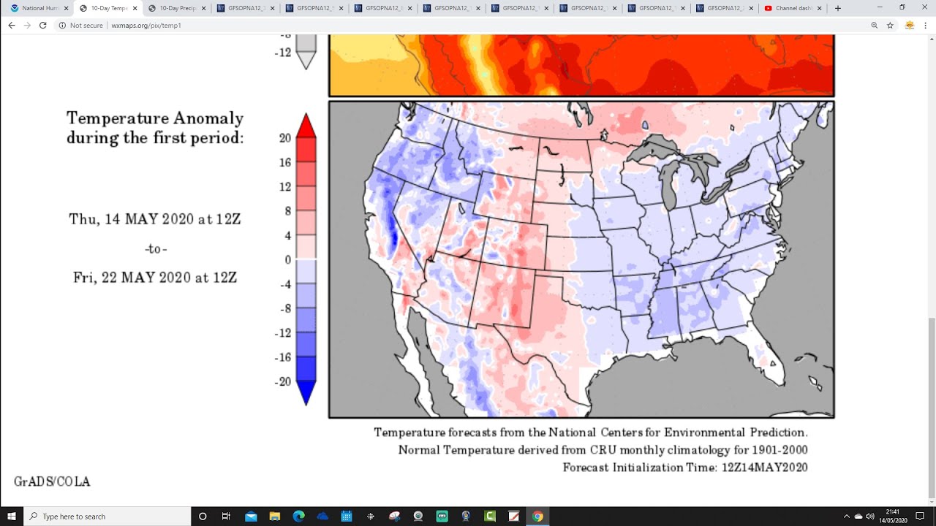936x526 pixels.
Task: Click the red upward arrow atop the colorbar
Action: click(x=306, y=126)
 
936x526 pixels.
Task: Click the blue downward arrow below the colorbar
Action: click(x=306, y=394)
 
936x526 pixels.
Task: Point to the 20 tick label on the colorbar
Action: click(x=285, y=138)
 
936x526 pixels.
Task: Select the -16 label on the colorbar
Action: click(x=283, y=357)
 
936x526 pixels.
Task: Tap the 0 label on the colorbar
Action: click(x=288, y=259)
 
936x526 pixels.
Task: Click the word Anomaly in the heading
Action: click(x=208, y=118)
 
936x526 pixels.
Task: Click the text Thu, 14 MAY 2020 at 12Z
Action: click(x=155, y=219)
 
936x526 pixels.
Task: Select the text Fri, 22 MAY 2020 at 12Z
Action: click(x=155, y=278)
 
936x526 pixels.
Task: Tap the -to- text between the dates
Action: click(x=156, y=249)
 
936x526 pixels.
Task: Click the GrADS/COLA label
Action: click(x=52, y=481)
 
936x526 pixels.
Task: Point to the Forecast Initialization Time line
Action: click(x=685, y=468)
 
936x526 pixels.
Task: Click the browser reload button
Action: click(x=43, y=25)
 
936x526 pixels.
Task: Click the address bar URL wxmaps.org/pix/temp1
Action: click(x=146, y=25)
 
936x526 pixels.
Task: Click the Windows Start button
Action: click(x=12, y=517)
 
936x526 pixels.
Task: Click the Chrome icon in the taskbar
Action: click(x=537, y=517)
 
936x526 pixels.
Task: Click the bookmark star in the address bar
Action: click(x=890, y=25)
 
